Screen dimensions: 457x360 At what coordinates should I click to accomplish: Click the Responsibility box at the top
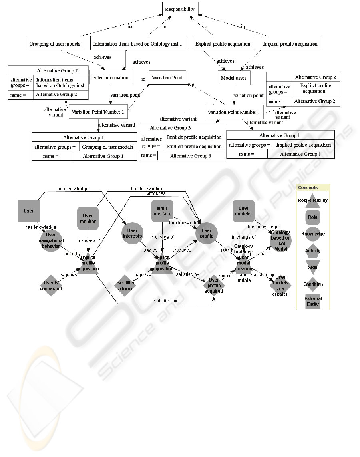[179, 9]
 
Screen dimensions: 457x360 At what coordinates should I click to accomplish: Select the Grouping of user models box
[55, 44]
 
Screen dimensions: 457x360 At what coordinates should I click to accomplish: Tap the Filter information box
[110, 77]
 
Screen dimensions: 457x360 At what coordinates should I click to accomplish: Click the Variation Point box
[167, 77]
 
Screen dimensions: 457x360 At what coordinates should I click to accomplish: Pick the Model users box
[234, 78]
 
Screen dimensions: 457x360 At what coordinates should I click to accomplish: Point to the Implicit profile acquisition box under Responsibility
[290, 44]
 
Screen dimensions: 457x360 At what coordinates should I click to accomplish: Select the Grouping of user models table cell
[107, 147]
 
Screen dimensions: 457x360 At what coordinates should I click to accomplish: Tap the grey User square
[29, 211]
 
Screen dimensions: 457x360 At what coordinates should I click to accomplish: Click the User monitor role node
[88, 219]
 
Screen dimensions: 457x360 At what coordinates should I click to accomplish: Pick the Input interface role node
[162, 211]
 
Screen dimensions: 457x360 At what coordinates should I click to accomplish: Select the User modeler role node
[243, 211]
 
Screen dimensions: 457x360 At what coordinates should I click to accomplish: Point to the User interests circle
[132, 233]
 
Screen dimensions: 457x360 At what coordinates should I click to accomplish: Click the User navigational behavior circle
[51, 240]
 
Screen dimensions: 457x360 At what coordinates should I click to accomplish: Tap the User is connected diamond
[51, 286]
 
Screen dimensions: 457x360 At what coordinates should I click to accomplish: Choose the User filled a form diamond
[125, 286]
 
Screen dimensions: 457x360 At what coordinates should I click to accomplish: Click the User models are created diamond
[280, 286]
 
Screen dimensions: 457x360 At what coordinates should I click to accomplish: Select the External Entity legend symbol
[313, 301]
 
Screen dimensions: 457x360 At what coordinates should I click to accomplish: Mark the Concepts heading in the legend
[308, 187]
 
